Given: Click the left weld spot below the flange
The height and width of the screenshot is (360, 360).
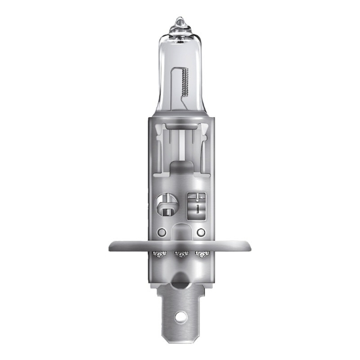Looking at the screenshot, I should pyautogui.click(x=157, y=255).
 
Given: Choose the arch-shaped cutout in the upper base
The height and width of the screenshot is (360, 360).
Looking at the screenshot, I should pyautogui.click(x=179, y=174).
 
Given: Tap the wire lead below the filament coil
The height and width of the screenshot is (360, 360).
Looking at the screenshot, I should pyautogui.click(x=183, y=108).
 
